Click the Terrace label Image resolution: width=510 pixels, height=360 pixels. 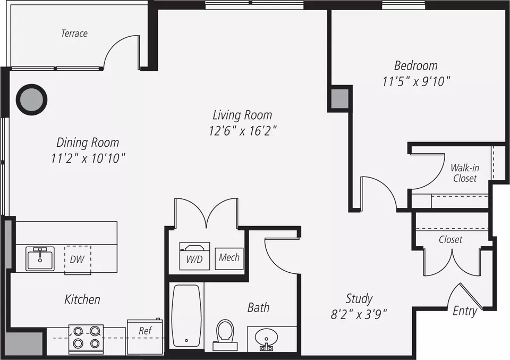point(74,33)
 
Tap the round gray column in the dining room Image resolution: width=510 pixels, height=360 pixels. point(32,99)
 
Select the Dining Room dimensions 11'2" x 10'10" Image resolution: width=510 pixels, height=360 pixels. point(88,158)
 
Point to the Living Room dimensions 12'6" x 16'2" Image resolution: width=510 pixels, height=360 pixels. point(243,131)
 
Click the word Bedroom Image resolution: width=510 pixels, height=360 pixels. point(415,66)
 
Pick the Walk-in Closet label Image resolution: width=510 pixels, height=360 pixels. point(465,173)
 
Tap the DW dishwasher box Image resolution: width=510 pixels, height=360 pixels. point(78,259)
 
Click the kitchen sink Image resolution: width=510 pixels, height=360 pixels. point(40,258)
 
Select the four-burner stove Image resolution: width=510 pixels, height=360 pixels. point(86,339)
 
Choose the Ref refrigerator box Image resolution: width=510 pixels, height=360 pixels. point(144,337)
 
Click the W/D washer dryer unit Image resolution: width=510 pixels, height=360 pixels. point(194,256)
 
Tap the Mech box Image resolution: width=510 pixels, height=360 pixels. point(229,257)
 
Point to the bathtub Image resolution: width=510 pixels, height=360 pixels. point(186,316)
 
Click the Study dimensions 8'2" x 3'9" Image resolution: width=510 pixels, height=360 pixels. point(359,315)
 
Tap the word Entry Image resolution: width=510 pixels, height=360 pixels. point(465,311)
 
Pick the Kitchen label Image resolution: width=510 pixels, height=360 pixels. point(82,299)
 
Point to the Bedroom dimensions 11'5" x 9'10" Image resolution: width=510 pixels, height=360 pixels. point(416,81)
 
